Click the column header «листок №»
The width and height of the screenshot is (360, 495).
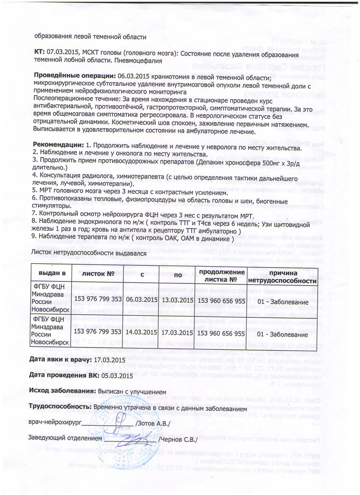(97, 274)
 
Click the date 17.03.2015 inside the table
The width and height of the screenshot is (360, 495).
(176, 333)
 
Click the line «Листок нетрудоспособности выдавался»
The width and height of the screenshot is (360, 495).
(88, 253)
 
